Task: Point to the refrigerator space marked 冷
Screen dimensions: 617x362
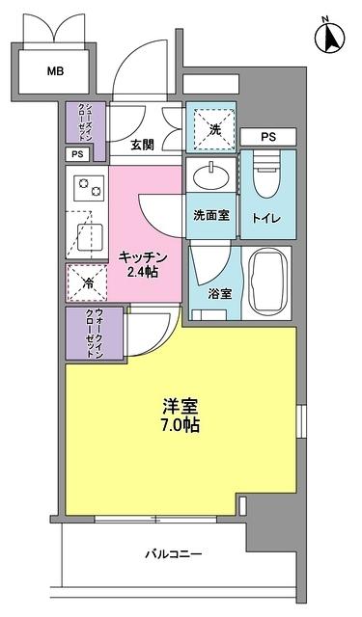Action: [86, 282]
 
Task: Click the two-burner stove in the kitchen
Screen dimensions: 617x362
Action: [87, 188]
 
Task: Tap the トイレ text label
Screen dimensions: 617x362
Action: [265, 219]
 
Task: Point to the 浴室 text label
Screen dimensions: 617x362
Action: [219, 293]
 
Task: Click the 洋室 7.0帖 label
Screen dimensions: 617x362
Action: [181, 415]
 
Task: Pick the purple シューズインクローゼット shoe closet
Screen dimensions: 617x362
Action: [86, 122]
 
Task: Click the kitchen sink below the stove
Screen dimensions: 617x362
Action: [87, 232]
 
